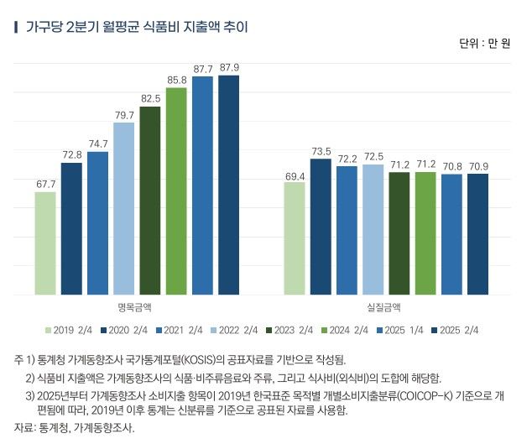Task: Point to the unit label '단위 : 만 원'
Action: (x=487, y=44)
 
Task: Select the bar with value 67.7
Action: (x=46, y=243)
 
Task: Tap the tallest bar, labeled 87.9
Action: (x=228, y=185)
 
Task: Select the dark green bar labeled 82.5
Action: (x=150, y=201)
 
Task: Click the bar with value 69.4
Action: (x=295, y=238)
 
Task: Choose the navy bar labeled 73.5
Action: (x=321, y=227)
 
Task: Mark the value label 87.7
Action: (x=202, y=69)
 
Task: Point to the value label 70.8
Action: (x=451, y=167)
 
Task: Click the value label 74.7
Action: (x=98, y=144)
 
